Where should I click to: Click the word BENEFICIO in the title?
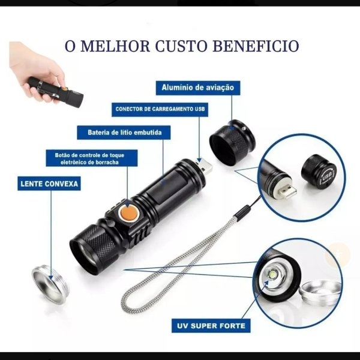coord(256,46)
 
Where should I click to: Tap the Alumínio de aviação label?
coord(198,88)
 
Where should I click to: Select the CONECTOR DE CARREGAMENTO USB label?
coord(160,109)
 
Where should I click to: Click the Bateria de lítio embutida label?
coord(124,133)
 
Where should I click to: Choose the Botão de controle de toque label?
coord(92,158)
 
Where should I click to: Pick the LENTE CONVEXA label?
coord(49,184)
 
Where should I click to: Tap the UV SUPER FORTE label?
coord(211,326)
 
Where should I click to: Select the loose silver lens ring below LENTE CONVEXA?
coord(50,283)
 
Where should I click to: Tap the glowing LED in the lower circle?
coord(273,274)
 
